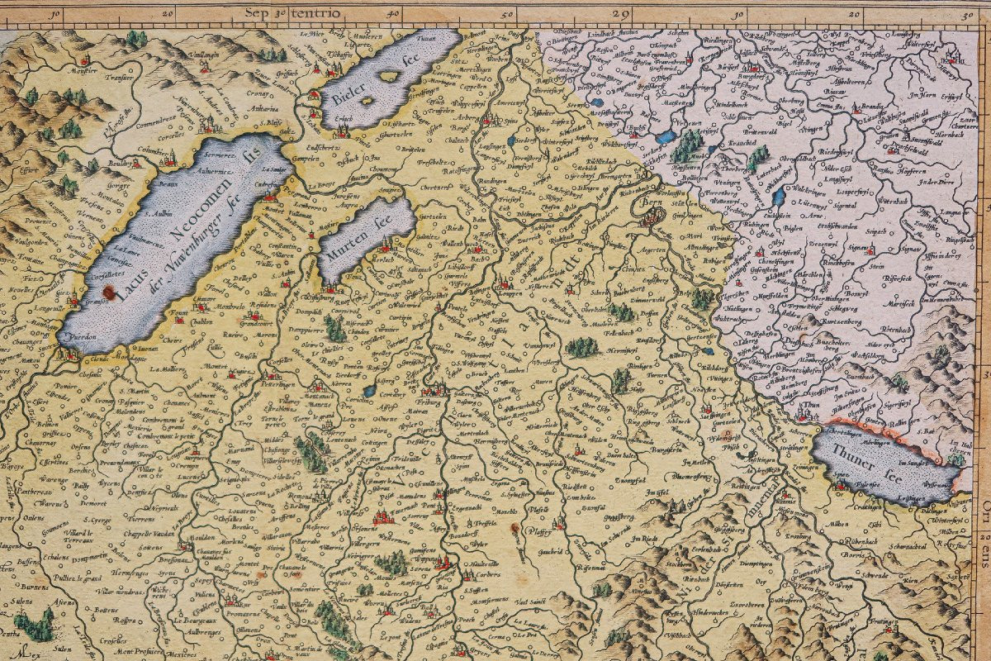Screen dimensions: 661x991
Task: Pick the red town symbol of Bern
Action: click(x=652, y=216)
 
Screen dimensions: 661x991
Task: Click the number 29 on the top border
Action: click(x=621, y=13)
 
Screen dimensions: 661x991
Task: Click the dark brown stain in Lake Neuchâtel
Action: click(x=110, y=291)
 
